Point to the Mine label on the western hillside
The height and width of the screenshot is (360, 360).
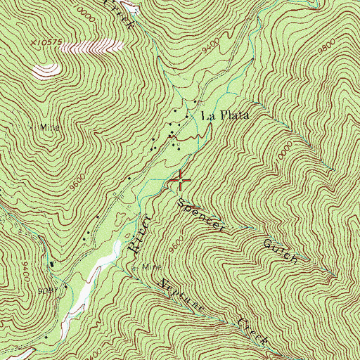[49, 128]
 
